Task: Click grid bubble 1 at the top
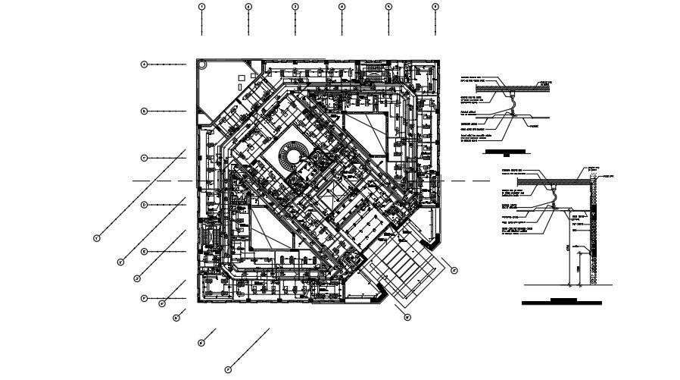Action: pos(201,7)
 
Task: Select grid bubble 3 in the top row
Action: pos(295,7)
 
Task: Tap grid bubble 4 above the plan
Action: pos(342,7)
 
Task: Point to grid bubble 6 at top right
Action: pos(435,7)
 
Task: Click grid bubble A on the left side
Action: pos(143,64)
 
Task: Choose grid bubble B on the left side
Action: pos(143,111)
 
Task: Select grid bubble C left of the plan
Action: pos(143,158)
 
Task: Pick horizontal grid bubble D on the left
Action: pos(143,205)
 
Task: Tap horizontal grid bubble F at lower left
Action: pos(143,299)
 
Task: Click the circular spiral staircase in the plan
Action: pos(290,158)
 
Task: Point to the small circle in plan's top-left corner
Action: pos(202,66)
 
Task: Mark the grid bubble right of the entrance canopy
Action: pos(454,269)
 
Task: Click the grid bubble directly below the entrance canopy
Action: pos(407,317)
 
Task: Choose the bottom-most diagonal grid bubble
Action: pos(227,369)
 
